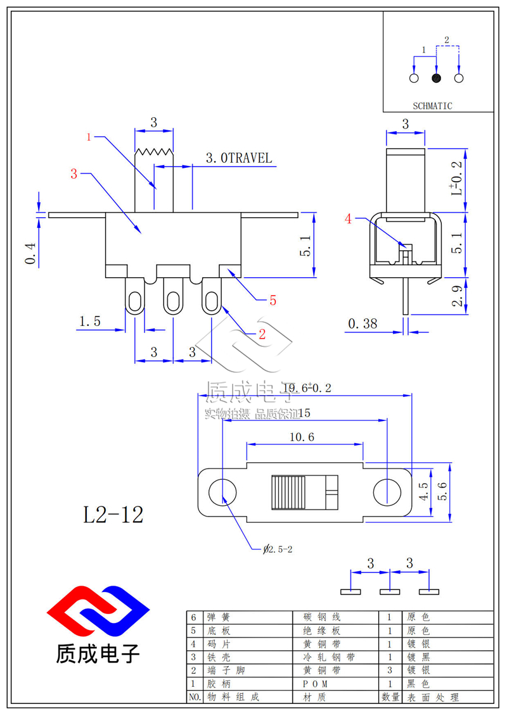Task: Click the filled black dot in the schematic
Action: (x=436, y=79)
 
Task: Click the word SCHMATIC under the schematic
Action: (x=432, y=106)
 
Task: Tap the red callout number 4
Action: (x=348, y=219)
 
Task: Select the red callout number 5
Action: (x=273, y=301)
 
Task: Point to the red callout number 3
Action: (x=74, y=174)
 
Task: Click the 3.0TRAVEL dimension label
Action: (x=238, y=158)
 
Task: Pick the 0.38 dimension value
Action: (x=362, y=324)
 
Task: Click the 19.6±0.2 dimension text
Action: (x=307, y=388)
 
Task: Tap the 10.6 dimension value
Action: (x=302, y=437)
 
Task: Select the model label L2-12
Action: (x=113, y=515)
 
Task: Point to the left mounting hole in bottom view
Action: (x=222, y=492)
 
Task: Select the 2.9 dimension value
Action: (x=458, y=296)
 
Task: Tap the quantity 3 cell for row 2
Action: (x=389, y=670)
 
